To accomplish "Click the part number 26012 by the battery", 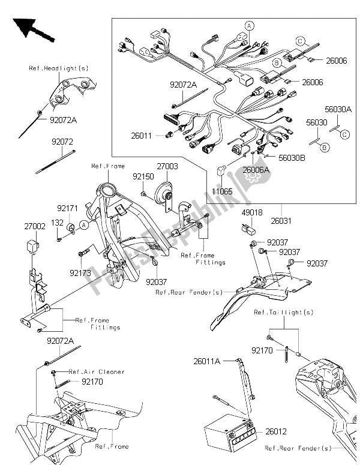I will [x=277, y=430].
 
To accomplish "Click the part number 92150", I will [x=143, y=178].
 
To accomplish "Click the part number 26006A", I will [x=257, y=169].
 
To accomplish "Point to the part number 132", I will [x=58, y=223].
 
